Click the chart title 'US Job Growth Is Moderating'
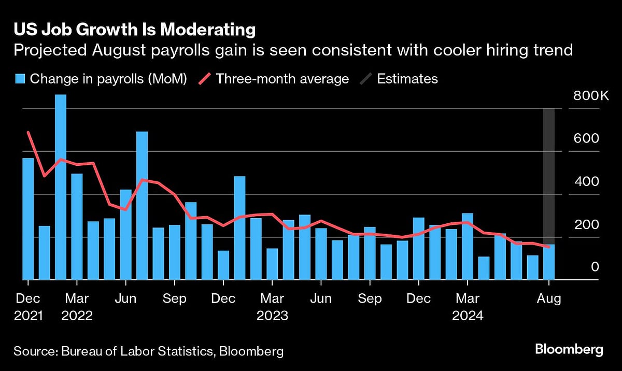135,30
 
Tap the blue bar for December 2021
28,219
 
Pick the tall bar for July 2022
142,206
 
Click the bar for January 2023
239,228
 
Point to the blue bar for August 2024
548,262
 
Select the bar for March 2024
467,247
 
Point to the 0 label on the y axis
595,267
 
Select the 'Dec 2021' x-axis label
28,307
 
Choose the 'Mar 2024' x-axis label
467,307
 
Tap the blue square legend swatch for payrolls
20,79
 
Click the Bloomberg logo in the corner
569,349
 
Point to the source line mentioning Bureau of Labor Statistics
149,351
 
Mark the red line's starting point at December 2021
28,133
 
